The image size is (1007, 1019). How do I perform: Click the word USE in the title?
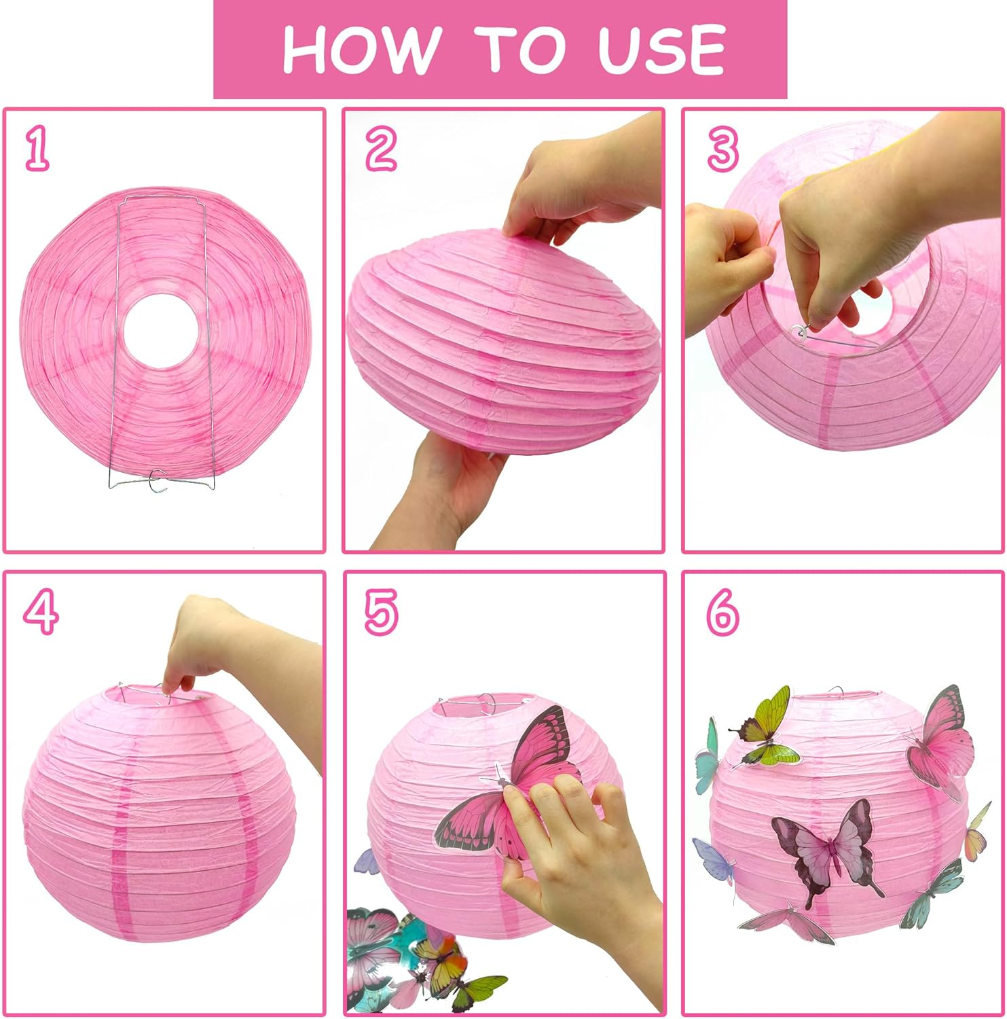click(x=662, y=49)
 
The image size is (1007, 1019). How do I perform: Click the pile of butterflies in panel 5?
click(x=414, y=958)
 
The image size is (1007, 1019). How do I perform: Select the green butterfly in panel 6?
click(x=767, y=730)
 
